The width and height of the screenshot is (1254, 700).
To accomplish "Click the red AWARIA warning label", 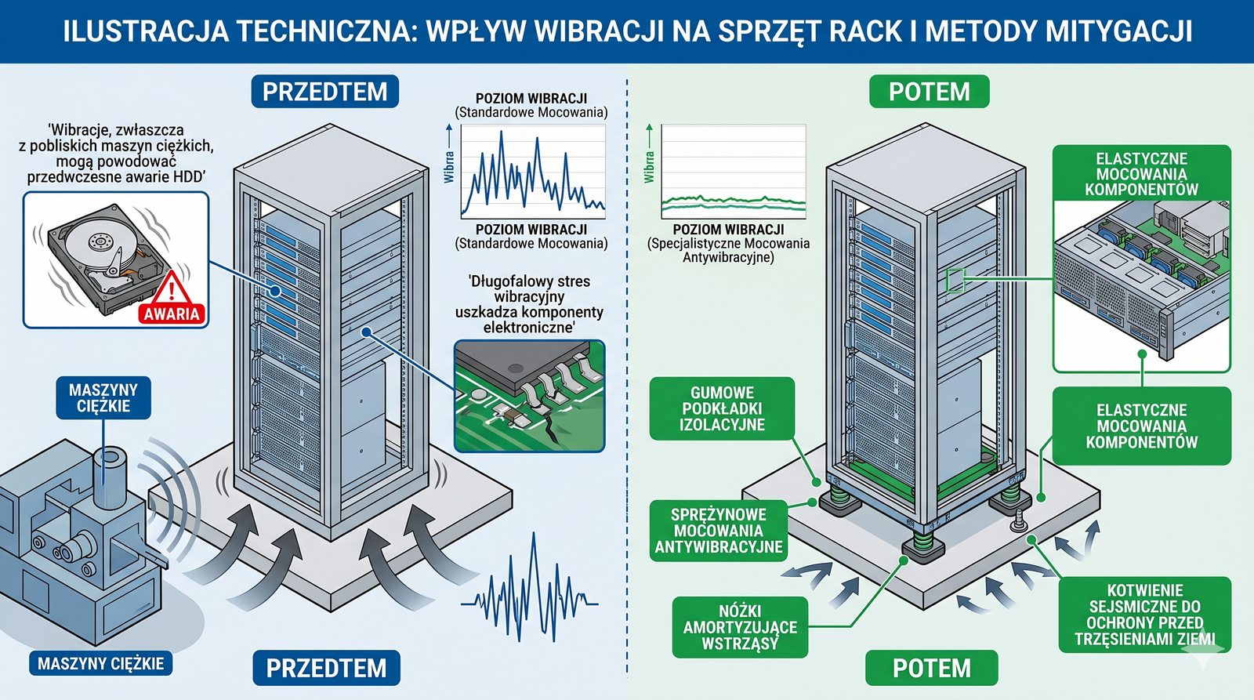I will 172,314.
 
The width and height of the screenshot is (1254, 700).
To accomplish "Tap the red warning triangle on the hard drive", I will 172,288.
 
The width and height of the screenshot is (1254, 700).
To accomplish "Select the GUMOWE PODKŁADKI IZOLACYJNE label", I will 722,408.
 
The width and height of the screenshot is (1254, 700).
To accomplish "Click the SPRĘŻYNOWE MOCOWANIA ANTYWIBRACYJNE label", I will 719,531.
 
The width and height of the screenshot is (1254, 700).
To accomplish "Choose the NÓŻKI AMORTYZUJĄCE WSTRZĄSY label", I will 740,627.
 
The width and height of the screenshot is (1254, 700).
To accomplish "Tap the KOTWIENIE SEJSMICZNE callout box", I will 1145,615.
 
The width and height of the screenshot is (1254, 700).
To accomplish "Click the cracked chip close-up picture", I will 530,396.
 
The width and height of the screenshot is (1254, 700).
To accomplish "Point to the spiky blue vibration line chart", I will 533,172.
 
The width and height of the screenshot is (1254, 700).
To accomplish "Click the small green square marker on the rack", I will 955,280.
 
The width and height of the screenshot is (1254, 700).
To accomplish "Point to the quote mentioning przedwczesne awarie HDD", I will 116,154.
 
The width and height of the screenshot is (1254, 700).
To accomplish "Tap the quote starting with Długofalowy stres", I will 529,303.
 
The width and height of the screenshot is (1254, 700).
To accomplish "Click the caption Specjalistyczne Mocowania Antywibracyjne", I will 728,250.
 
